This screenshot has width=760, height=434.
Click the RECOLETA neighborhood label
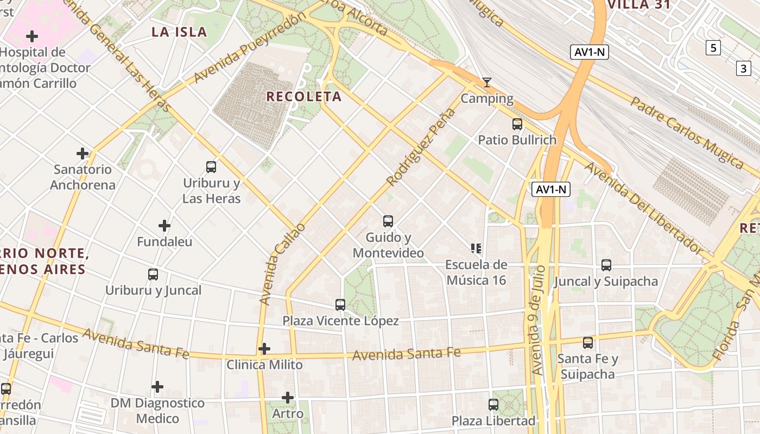(x=304, y=97)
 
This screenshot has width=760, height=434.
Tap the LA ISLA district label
(x=179, y=32)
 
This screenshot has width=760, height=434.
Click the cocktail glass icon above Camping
(x=487, y=82)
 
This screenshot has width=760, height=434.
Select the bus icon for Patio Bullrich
(x=517, y=124)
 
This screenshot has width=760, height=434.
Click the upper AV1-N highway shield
(x=589, y=53)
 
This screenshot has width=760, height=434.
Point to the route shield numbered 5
(x=713, y=48)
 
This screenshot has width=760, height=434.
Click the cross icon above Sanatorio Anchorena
(x=83, y=154)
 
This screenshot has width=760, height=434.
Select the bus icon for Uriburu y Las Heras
(x=211, y=167)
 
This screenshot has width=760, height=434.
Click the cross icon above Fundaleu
(x=164, y=226)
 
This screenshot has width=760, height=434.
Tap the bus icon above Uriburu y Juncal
(x=153, y=275)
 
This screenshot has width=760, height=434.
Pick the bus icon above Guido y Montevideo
(x=388, y=221)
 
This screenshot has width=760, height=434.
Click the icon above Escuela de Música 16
(x=476, y=248)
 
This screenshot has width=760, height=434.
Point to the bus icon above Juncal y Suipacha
(x=606, y=265)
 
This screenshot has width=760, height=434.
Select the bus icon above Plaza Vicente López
(x=340, y=305)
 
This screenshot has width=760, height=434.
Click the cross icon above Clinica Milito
(x=264, y=348)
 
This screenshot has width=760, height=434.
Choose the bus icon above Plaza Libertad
(x=493, y=405)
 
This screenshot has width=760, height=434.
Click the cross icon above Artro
(x=288, y=398)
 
